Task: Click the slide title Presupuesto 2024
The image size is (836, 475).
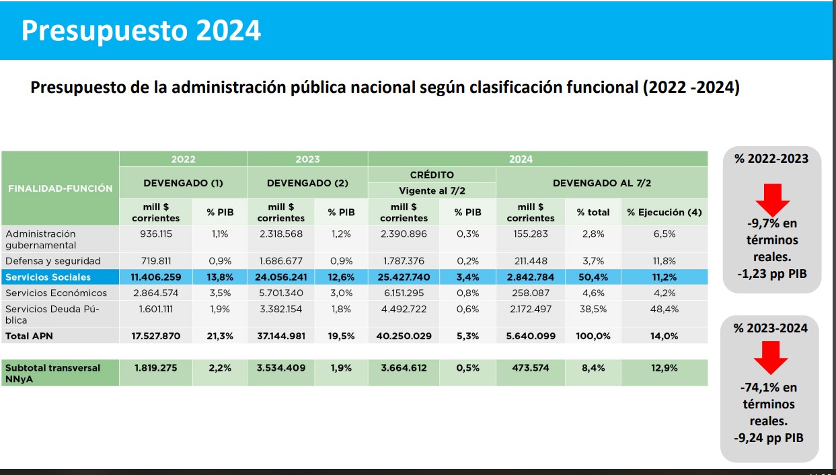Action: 141,30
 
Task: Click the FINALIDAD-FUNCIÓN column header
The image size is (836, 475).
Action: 61,188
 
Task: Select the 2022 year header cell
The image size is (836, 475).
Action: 183,159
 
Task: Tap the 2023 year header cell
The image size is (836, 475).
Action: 307,159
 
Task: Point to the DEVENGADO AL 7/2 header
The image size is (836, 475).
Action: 601,183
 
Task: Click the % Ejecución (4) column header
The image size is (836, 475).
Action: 664,213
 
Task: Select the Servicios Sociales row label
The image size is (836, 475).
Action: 48,277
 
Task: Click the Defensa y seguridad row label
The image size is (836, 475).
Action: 53,261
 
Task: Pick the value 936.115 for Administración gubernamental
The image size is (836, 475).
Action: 155,234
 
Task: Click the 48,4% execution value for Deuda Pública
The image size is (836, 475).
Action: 664,309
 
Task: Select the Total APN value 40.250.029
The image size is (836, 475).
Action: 405,336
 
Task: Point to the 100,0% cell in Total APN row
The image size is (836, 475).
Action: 593,336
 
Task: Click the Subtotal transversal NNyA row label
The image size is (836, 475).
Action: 52,373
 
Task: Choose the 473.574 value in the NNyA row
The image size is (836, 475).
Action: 530,368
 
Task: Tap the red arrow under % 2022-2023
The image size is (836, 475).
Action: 772,199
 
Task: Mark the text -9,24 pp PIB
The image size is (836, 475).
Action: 769,438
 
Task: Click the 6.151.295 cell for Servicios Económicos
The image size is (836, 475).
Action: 404,293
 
